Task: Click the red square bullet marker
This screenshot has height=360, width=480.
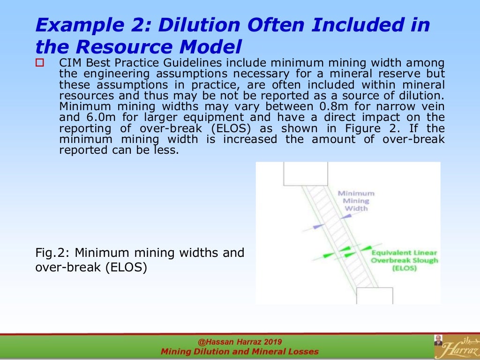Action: click(x=39, y=62)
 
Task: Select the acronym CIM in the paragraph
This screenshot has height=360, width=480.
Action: click(x=69, y=63)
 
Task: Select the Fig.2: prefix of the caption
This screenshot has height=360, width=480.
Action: click(x=52, y=253)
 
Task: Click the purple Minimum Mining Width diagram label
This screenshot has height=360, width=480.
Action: click(x=356, y=201)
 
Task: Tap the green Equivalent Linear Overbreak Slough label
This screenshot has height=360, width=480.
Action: click(x=405, y=261)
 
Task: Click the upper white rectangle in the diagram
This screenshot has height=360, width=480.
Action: click(x=306, y=173)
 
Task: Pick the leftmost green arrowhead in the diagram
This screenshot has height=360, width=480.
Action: click(x=329, y=255)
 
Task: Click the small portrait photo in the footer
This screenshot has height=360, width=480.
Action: click(x=438, y=340)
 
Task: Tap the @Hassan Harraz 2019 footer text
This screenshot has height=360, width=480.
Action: click(x=240, y=342)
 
